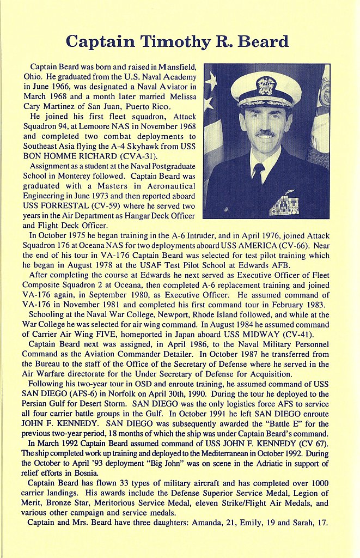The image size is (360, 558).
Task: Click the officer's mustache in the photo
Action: click(x=265, y=133)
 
